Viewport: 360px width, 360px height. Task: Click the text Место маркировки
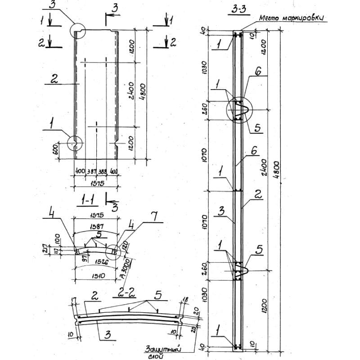(292, 19)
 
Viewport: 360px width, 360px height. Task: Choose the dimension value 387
(91, 172)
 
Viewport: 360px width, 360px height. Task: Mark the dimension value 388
(103, 172)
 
